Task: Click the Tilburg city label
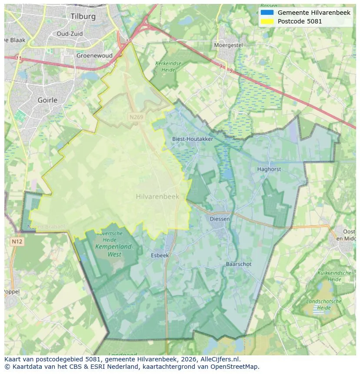coord(83,17)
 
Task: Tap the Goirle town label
coord(47,100)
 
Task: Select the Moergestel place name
coord(228,45)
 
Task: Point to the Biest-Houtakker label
coord(193,139)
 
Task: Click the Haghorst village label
coord(269,169)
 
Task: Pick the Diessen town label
coord(220,219)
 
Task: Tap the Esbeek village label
coord(160,255)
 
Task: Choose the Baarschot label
coord(238,264)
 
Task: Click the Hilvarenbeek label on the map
coord(157,197)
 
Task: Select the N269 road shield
coord(136,117)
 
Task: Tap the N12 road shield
coord(17,242)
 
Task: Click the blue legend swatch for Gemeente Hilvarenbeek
coord(267,13)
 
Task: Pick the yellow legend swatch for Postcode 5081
coord(267,21)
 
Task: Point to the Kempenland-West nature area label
coord(114,251)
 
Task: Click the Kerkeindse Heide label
coord(168,66)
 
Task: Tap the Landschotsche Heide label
coord(324,304)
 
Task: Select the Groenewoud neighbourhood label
coord(94,56)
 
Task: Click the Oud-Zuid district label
coord(70,33)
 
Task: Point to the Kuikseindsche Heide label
coord(334,276)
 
